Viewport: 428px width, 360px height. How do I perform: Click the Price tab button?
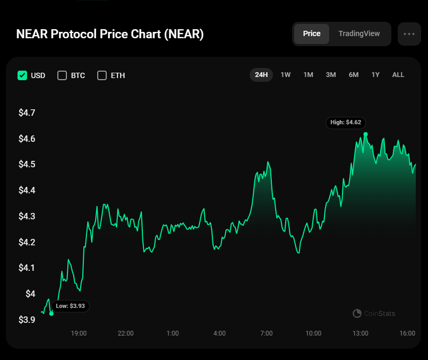[312, 33]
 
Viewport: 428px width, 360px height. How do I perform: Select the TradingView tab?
[359, 33]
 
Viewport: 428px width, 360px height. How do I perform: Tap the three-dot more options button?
[409, 34]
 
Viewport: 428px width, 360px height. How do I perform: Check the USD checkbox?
[22, 75]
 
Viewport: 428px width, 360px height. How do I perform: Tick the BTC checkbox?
[62, 75]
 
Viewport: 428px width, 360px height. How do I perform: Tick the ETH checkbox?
[102, 75]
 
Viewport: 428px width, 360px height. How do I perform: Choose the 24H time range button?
[261, 75]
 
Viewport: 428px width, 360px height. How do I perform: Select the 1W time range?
[285, 75]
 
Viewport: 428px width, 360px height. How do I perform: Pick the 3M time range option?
[331, 75]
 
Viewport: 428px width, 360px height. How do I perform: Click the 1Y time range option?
[375, 75]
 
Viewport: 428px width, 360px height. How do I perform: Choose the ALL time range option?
[398, 75]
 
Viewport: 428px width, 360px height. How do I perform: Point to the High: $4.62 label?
[346, 123]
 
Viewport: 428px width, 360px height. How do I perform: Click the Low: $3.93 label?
[70, 306]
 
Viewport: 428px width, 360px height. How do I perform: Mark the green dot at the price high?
[365, 134]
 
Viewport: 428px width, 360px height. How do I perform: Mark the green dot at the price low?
[52, 313]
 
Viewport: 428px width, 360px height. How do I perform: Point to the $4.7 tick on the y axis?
[27, 113]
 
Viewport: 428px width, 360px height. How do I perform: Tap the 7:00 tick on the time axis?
[267, 333]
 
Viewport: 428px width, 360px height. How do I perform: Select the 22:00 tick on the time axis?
[126, 333]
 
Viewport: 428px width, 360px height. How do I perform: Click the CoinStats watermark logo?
[357, 314]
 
